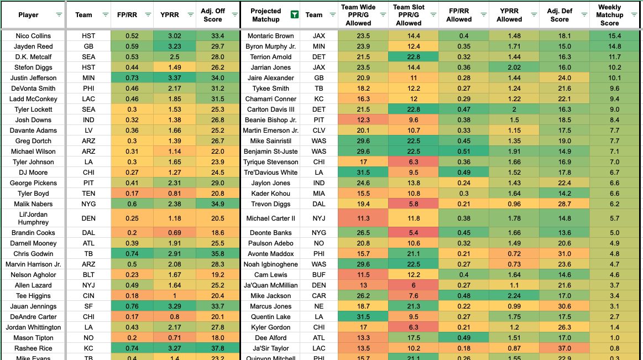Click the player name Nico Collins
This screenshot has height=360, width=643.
[33, 35]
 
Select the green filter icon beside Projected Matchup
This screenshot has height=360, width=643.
[295, 15]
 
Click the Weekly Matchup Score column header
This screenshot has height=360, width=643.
[609, 15]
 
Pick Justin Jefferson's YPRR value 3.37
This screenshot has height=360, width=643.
[174, 78]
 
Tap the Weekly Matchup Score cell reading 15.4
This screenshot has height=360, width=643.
[609, 35]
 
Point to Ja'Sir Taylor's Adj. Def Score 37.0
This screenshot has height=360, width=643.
[560, 348]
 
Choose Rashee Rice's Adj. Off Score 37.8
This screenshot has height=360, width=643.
[213, 348]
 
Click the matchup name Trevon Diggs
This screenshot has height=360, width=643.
[271, 204]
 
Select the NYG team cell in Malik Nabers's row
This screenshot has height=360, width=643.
[88, 204]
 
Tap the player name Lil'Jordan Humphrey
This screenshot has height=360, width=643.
[33, 218]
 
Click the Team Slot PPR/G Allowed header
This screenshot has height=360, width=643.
[409, 15]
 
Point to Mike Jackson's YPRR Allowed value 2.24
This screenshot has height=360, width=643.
[509, 296]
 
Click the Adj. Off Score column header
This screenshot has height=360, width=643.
[213, 15]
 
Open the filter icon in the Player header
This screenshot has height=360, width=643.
[59, 15]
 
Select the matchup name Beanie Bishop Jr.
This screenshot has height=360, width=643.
[271, 120]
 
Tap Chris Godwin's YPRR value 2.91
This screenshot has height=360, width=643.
[174, 254]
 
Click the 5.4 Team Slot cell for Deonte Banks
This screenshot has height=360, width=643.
[409, 233]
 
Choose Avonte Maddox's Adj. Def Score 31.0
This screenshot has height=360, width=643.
[560, 254]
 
